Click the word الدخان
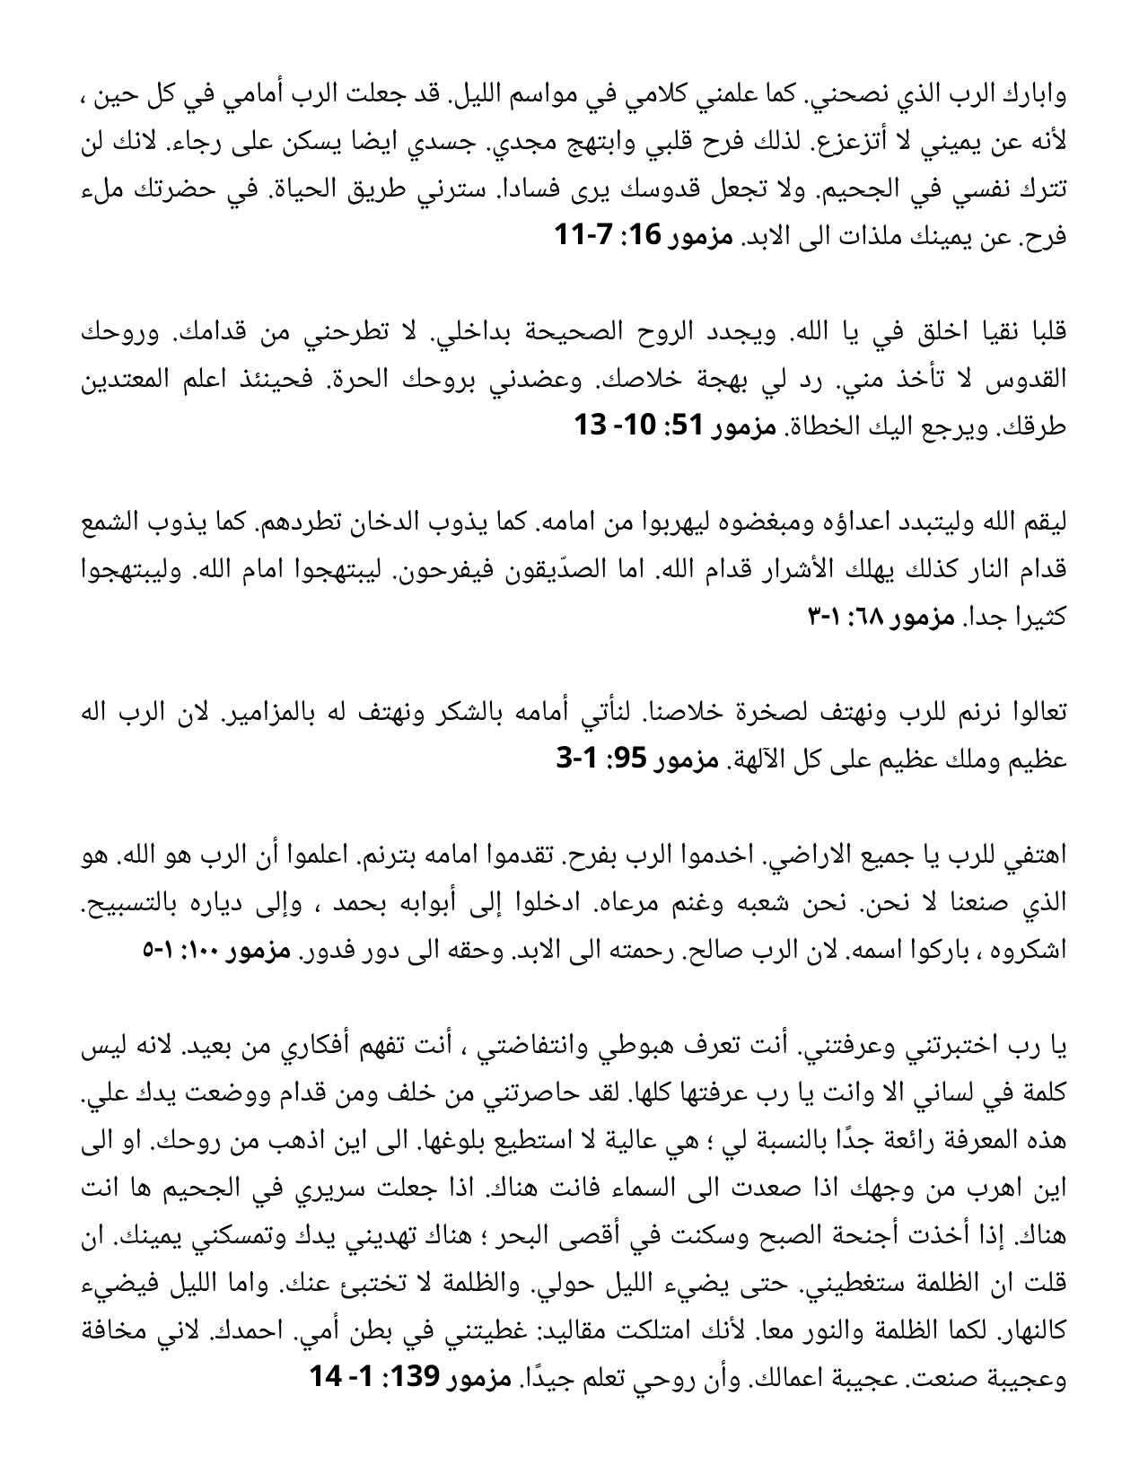click(416, 522)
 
